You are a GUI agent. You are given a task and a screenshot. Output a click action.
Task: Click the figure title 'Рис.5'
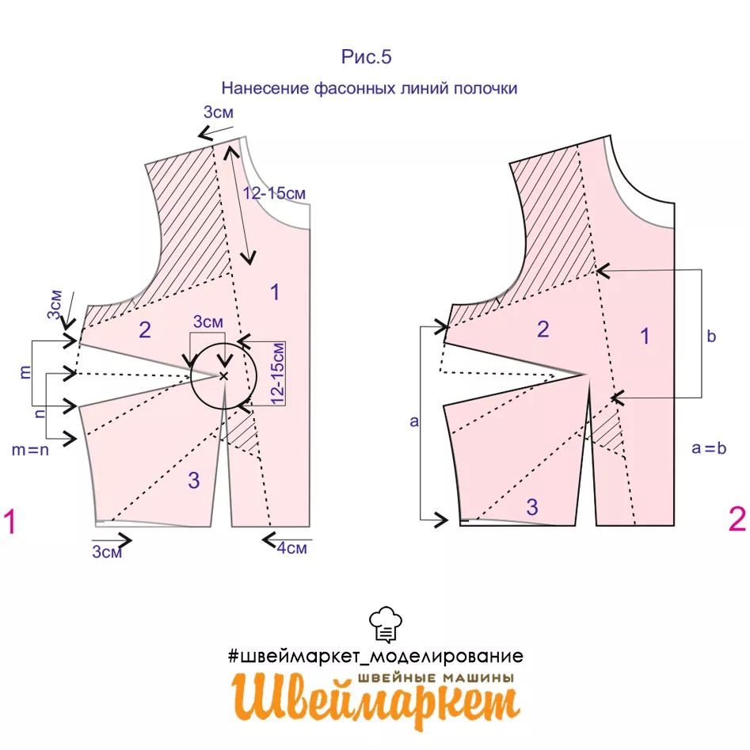[x=367, y=57]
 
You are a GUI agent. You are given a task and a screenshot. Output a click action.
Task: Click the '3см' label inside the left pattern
[x=208, y=322]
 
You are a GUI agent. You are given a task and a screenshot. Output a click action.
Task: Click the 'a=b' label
[x=709, y=448]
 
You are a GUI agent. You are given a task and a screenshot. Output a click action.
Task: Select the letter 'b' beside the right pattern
[x=711, y=337]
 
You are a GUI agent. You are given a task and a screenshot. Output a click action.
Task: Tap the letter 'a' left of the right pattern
[x=413, y=421]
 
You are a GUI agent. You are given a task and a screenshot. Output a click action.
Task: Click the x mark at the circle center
[x=224, y=375]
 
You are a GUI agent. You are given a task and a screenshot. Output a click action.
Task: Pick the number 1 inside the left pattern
[x=274, y=292]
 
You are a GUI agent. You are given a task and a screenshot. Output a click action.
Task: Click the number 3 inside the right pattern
[x=532, y=507]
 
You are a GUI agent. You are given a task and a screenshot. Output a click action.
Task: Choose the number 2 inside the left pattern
[x=144, y=329]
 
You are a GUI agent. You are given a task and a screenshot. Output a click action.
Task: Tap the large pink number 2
[x=737, y=520]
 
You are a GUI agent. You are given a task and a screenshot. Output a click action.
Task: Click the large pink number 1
[x=10, y=523]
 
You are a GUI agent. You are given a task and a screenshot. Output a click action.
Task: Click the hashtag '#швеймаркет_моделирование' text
[x=375, y=656]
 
